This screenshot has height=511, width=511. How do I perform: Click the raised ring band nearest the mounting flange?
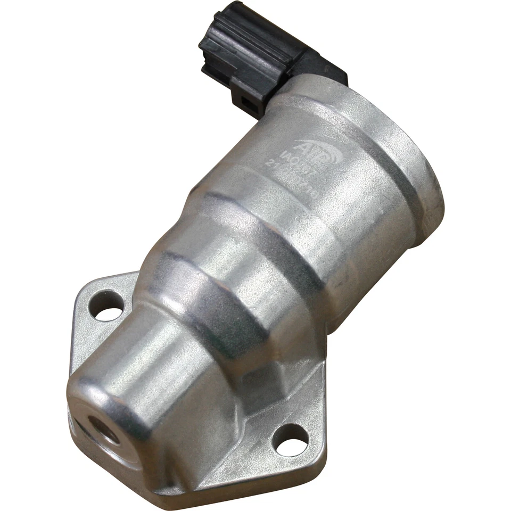point(213,298)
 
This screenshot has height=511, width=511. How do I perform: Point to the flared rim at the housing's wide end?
point(421,176)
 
